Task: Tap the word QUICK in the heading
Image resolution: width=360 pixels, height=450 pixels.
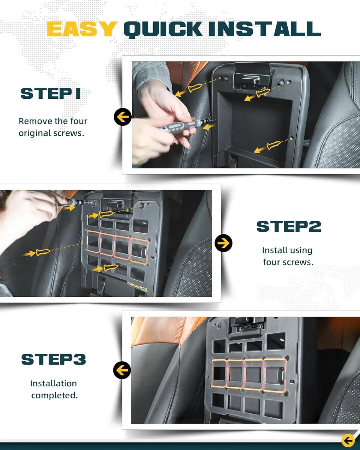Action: [163, 29]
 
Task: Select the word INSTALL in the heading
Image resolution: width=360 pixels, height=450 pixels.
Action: [265, 29]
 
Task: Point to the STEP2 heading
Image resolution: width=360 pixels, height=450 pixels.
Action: [289, 227]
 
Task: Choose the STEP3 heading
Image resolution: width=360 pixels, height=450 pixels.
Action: [54, 359]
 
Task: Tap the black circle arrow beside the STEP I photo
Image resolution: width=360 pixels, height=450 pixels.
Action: [123, 117]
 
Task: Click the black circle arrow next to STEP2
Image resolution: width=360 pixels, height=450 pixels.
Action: [223, 243]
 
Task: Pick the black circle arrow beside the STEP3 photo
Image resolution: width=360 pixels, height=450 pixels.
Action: [122, 370]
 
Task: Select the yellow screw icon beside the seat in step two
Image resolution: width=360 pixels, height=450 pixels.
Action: [43, 252]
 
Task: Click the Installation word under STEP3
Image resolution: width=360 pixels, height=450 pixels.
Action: [54, 383]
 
